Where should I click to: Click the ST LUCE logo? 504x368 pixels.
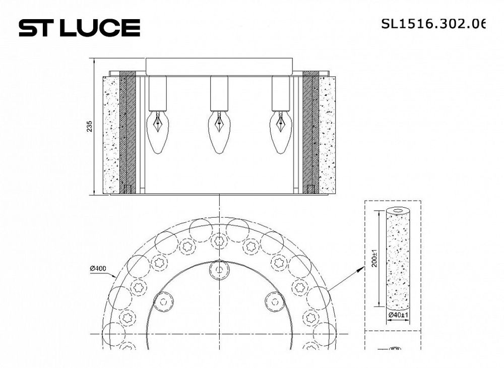(79, 28)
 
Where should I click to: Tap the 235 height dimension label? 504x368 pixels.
(89, 126)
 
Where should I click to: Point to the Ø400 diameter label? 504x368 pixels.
(98, 269)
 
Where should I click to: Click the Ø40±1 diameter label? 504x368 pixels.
(398, 315)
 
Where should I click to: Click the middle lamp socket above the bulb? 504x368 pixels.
(219, 93)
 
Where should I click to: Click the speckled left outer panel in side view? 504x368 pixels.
(110, 135)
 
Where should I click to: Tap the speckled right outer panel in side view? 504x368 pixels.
(328, 135)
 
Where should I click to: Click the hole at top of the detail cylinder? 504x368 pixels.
(398, 210)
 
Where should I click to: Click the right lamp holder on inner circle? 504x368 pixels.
(275, 301)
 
